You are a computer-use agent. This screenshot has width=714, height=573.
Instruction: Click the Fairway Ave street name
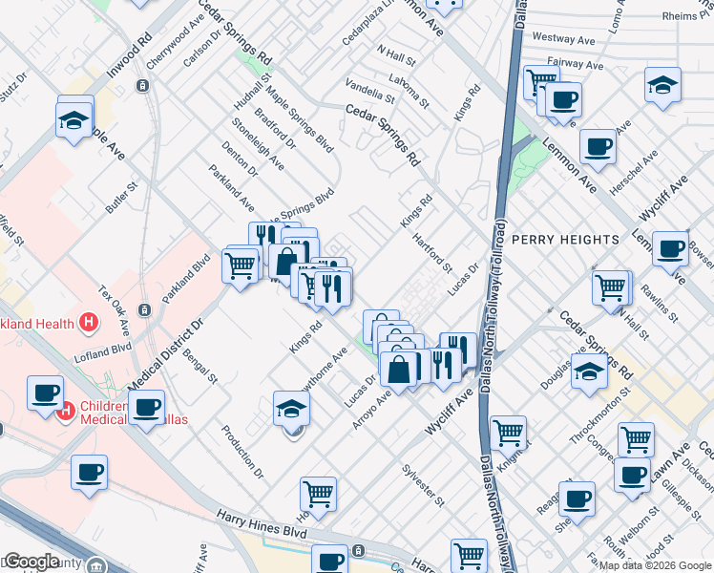tap(580, 65)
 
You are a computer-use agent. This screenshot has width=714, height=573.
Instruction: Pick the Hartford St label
tap(433, 254)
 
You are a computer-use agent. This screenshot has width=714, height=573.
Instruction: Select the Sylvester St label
tap(422, 485)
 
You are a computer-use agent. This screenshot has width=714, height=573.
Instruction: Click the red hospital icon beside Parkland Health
tap(88, 321)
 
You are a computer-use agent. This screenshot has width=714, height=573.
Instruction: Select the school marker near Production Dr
tap(292, 409)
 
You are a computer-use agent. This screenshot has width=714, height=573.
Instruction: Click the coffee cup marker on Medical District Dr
tap(146, 408)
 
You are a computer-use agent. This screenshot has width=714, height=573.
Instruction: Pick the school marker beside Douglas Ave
tap(589, 371)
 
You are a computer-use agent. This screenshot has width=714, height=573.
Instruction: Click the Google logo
tap(31, 562)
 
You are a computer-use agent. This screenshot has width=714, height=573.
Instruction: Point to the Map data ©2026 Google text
tap(655, 565)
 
